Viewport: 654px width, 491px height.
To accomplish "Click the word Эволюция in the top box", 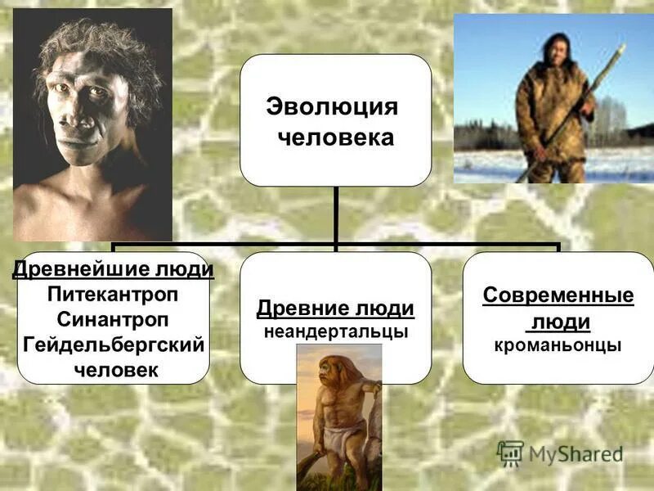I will [x=332, y=107].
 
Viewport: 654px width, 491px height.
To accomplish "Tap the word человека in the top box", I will [x=335, y=137].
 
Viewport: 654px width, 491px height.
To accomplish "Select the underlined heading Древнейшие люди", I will [x=114, y=269].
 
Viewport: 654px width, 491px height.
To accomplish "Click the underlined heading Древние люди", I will [x=335, y=309].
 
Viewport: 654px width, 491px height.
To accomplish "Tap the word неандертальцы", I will [x=335, y=331].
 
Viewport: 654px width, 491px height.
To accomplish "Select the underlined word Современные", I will [x=558, y=295].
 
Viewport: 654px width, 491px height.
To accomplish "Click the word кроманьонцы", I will [x=558, y=345].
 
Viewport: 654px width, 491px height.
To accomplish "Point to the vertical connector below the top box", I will [x=335, y=214].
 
